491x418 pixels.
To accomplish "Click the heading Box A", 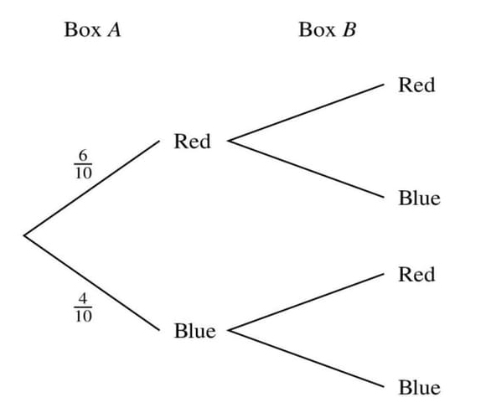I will coord(92,30).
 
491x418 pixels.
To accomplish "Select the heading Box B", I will coord(328,30).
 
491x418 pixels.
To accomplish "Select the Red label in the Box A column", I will coord(192,142).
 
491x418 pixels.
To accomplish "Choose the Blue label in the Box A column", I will coord(194,331).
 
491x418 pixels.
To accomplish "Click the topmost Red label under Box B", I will coord(416,85).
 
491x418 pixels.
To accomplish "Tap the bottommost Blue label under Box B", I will coord(419,387).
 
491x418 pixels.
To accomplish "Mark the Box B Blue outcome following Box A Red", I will coord(419,198).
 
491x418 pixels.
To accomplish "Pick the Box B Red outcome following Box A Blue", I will coord(416,274).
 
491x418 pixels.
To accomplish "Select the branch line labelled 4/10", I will coord(92,283).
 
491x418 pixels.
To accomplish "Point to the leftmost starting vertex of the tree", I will coord(24,235).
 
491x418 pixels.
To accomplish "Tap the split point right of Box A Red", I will coord(229,142).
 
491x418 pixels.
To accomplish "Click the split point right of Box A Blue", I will coord(229,331).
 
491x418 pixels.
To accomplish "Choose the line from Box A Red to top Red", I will coord(306,113).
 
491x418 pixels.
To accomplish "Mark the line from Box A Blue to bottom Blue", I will coord(306,359).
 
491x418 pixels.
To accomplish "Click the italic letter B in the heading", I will coord(349,30).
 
